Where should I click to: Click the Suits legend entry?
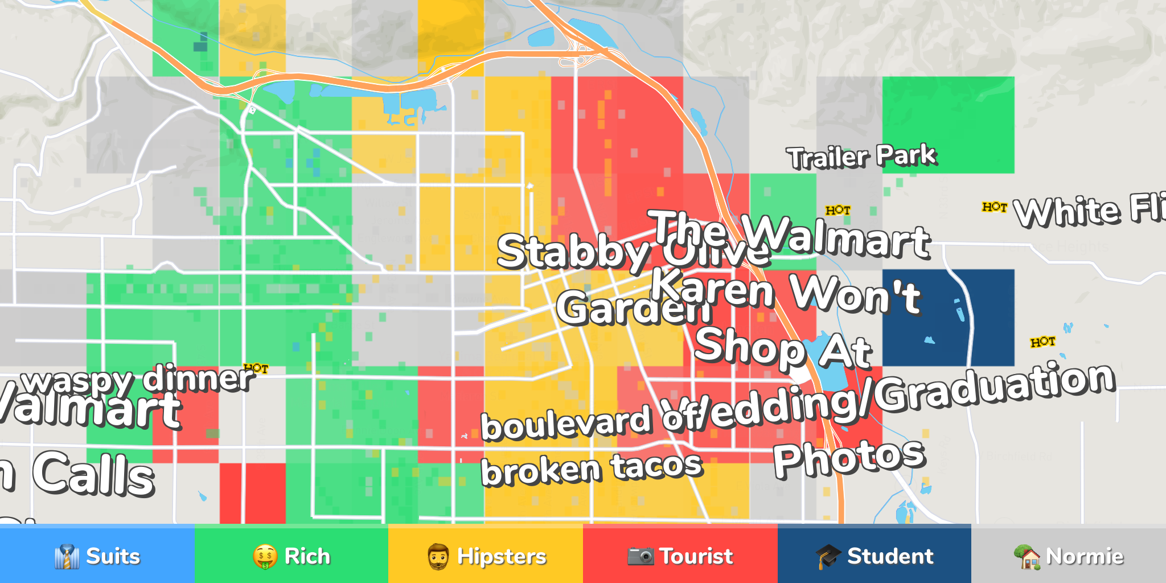point(97,556)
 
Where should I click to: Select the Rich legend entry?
point(291,556)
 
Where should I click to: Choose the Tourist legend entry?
point(680,556)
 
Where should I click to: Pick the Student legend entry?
point(874,556)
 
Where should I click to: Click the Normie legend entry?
point(1069,556)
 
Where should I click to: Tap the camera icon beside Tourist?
point(641,556)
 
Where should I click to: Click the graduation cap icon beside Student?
point(828,556)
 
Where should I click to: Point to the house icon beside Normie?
point(1028,556)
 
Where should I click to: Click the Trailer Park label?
point(861,157)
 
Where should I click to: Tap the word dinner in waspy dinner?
point(197,379)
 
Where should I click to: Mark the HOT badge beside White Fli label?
point(995,207)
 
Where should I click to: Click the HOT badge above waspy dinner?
point(256,368)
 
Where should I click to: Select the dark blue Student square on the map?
point(948,317)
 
